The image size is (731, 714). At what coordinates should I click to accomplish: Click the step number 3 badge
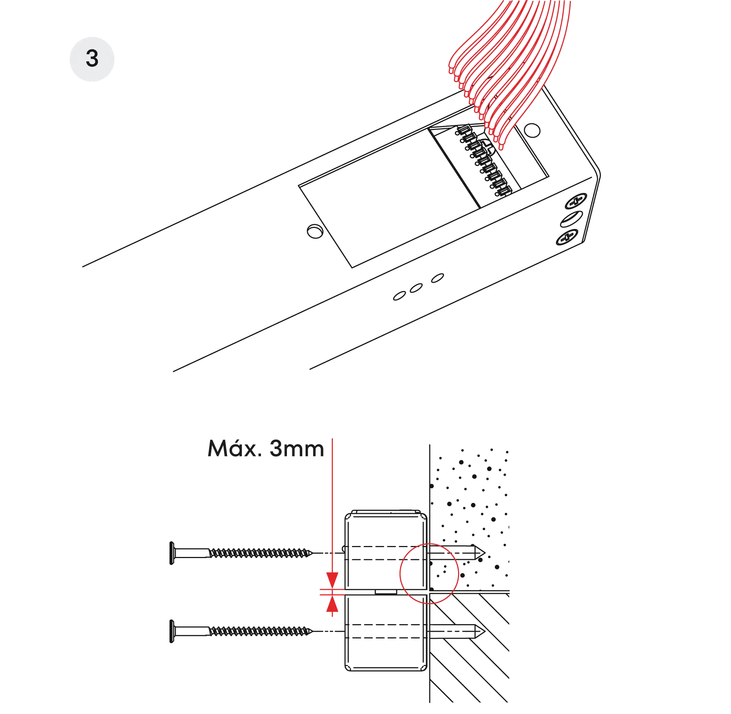92,59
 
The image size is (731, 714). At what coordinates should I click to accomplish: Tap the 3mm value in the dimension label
296,448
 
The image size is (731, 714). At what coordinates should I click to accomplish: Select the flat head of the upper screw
172,553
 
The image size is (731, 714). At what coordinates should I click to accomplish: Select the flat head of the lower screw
172,632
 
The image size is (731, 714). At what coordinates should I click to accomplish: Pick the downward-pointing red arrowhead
332,579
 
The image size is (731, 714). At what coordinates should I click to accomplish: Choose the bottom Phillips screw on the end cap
567,238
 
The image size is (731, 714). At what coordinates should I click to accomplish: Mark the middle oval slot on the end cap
571,219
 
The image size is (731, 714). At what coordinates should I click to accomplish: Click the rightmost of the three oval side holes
437,278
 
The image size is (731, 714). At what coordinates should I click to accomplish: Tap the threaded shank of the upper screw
259,553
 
